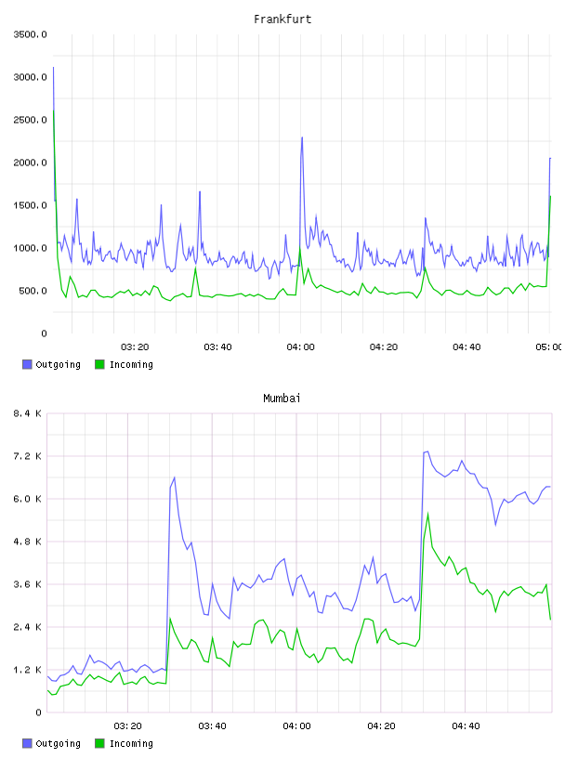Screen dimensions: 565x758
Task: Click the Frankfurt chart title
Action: tap(282, 20)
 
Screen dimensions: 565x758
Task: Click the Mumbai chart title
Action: tap(282, 399)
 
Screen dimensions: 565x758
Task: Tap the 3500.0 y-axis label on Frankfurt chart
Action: tap(31, 34)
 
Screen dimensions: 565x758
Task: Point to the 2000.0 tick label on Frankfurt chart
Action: tap(31, 163)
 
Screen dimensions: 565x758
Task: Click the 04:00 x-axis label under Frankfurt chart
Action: tap(300, 346)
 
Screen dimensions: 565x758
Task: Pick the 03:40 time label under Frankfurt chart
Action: tap(217, 346)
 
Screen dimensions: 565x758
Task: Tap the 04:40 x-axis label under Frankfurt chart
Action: tap(466, 346)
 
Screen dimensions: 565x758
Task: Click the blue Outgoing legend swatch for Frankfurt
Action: tap(27, 364)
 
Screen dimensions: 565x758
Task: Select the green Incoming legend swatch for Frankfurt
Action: tap(99, 364)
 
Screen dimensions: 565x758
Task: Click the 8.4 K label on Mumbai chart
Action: tap(27, 413)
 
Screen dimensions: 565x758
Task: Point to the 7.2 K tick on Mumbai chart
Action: tap(27, 456)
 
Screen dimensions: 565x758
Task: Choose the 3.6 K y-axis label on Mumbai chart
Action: tap(27, 584)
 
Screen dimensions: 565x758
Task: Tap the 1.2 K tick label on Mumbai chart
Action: tap(27, 670)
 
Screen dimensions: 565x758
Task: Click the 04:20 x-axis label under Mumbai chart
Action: tap(381, 725)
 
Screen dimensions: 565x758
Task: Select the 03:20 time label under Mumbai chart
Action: tap(127, 725)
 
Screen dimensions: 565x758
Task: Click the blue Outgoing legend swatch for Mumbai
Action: tap(27, 743)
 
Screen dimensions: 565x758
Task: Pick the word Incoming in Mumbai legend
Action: tap(132, 743)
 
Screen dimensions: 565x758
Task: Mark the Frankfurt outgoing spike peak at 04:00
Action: tap(302, 137)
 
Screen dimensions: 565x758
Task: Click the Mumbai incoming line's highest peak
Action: tap(428, 514)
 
